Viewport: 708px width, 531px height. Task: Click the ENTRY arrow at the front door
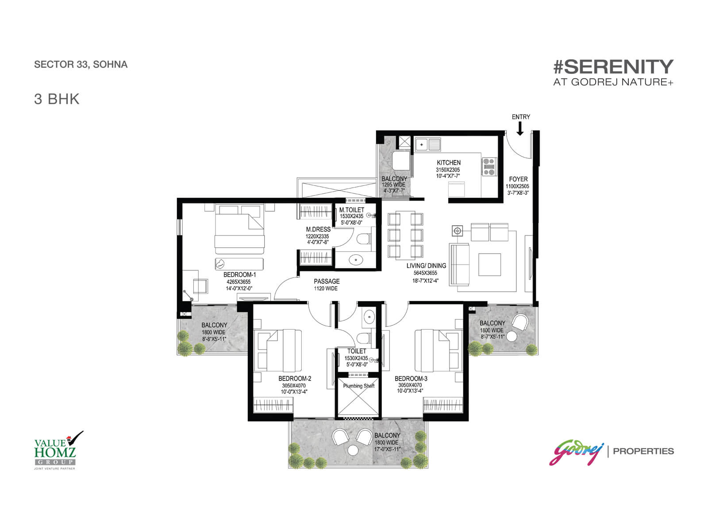coord(519,129)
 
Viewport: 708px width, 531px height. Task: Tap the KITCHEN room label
coord(448,163)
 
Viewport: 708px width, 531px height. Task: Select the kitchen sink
coord(428,144)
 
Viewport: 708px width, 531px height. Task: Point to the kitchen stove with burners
coord(489,166)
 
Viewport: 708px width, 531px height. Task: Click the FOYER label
coord(518,179)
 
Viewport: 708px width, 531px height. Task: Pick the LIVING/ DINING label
coord(426,265)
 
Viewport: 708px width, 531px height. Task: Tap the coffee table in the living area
coord(489,265)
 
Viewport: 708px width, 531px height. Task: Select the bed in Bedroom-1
coord(239,229)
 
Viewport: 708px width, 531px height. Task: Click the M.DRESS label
coord(318,230)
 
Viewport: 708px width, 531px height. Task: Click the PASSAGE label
coord(327,281)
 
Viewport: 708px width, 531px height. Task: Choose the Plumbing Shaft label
coord(359,386)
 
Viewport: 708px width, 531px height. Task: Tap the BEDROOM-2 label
coord(295,378)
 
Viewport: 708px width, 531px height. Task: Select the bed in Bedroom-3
coord(436,350)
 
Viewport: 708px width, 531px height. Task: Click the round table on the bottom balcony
coord(353,450)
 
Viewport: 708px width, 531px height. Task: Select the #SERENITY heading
coord(613,67)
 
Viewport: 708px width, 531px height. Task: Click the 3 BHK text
coord(57,99)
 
